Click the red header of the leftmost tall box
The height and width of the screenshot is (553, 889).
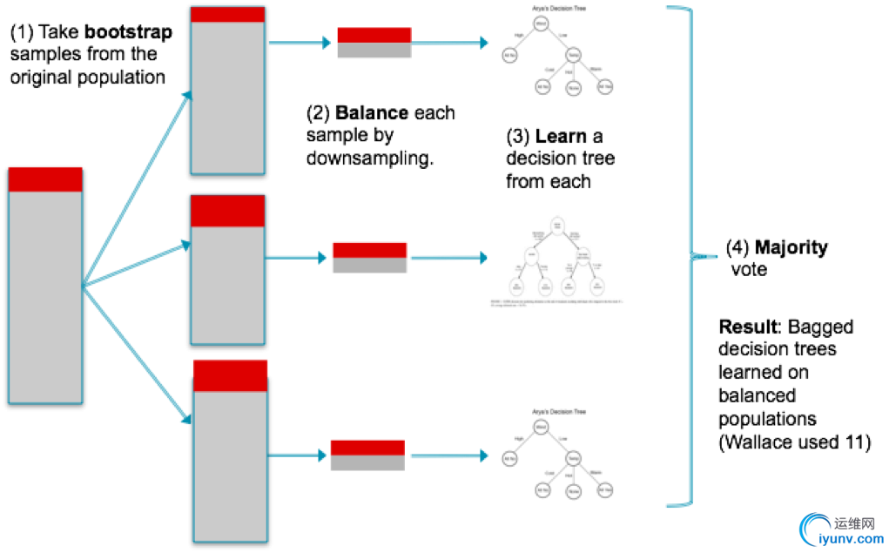point(45,179)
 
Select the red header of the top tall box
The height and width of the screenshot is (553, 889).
point(227,14)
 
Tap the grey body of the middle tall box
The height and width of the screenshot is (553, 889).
point(227,285)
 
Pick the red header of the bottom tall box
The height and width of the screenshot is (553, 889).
point(230,375)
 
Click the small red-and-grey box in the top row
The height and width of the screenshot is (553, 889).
point(374,43)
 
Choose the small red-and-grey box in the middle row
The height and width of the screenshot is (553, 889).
point(370,258)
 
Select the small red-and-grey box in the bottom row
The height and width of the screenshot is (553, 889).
point(367,455)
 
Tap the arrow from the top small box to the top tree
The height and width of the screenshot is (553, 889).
point(450,43)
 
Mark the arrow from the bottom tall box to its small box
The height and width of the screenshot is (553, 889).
point(298,455)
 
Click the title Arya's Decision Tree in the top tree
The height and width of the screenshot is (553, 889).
point(558,9)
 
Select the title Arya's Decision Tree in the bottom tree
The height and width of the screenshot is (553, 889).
point(558,412)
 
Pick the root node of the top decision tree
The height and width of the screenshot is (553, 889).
point(541,24)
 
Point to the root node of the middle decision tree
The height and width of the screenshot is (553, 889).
point(557,228)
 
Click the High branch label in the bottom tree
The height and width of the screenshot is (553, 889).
point(519,439)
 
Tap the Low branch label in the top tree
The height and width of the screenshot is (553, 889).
point(562,36)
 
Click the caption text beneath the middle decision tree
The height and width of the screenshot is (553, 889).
point(557,303)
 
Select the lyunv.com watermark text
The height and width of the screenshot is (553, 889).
point(852,539)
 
